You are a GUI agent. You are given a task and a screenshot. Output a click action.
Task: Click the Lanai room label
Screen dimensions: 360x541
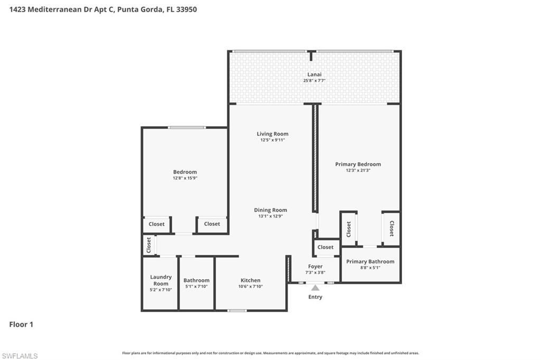(x=314, y=74)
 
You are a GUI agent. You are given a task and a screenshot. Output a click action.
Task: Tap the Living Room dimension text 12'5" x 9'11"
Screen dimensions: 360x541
(x=273, y=140)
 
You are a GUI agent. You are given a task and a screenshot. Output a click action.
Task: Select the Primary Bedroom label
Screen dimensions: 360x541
(x=358, y=164)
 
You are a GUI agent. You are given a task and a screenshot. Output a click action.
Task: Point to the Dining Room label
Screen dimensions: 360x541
(x=270, y=210)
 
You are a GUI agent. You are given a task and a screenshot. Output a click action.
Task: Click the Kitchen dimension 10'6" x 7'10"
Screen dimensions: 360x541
(x=251, y=286)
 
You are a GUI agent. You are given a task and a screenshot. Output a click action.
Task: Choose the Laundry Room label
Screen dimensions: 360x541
(x=161, y=280)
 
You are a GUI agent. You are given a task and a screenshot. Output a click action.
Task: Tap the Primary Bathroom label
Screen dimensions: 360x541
(x=370, y=261)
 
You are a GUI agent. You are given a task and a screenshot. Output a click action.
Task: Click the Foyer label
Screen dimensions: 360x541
(x=315, y=267)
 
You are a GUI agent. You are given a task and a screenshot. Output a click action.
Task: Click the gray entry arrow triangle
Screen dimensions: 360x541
(x=315, y=288)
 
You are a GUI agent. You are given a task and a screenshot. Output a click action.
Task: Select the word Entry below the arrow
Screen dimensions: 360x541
(x=315, y=297)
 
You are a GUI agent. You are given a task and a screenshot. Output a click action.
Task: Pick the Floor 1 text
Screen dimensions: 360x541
(x=21, y=325)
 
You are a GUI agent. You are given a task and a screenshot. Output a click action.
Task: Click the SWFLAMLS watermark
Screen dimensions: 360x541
(x=20, y=356)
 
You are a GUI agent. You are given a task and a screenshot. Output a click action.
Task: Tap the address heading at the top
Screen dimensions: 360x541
(x=103, y=10)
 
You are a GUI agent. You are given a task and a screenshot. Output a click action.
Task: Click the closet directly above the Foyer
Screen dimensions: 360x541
(x=325, y=247)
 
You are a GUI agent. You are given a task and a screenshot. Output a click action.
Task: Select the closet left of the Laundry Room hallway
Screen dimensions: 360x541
(x=148, y=245)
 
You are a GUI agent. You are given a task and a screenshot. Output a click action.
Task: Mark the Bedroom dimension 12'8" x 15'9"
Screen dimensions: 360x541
(x=185, y=178)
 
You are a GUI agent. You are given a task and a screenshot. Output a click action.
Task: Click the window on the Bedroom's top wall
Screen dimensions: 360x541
(x=186, y=127)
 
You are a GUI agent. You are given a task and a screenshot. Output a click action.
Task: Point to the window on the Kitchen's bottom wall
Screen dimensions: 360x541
(x=237, y=310)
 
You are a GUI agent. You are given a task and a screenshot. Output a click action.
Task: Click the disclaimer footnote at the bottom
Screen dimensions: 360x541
(x=270, y=353)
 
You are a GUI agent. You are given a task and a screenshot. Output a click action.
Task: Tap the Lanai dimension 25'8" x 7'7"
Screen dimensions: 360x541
(x=314, y=81)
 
